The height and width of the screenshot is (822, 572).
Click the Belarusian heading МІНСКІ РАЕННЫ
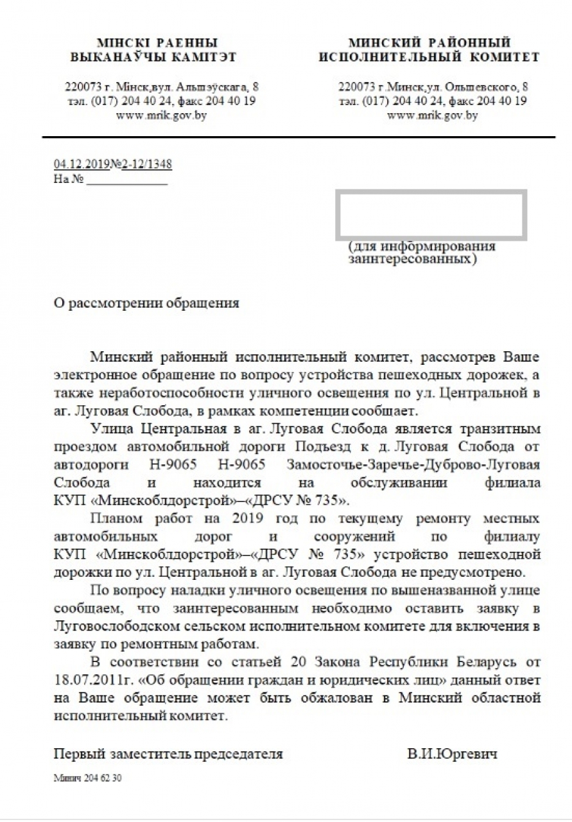tap(157, 43)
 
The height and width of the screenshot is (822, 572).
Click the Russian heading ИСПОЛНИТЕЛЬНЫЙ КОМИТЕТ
tap(429, 57)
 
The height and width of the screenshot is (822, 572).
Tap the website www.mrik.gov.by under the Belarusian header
tap(161, 116)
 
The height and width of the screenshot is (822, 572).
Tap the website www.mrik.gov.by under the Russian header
tap(433, 116)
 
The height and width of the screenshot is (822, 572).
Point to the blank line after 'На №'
tap(126, 180)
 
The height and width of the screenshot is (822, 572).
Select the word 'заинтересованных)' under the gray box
tap(413, 259)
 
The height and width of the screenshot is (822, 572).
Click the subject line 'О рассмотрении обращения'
tap(146, 303)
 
